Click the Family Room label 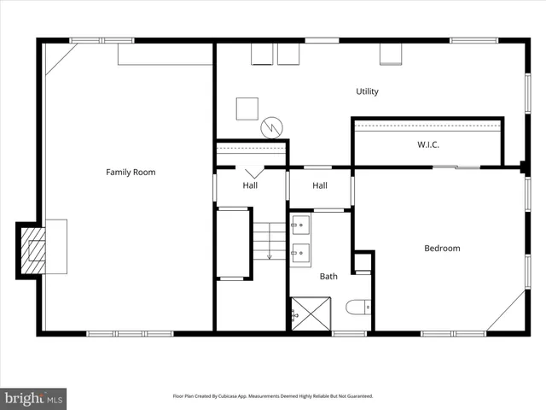pos(131,173)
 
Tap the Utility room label pos(368,91)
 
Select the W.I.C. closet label pos(428,144)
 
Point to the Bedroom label pos(442,249)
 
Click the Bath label pos(328,276)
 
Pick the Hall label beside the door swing pos(250,185)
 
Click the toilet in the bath pos(359,306)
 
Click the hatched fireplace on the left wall pos(33,249)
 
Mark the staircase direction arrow pos(269,248)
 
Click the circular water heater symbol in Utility pos(271,126)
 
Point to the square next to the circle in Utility pos(247,108)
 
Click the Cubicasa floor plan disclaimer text pos(273,396)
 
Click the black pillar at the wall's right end pos(523,165)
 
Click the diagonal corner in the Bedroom pos(509,313)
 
